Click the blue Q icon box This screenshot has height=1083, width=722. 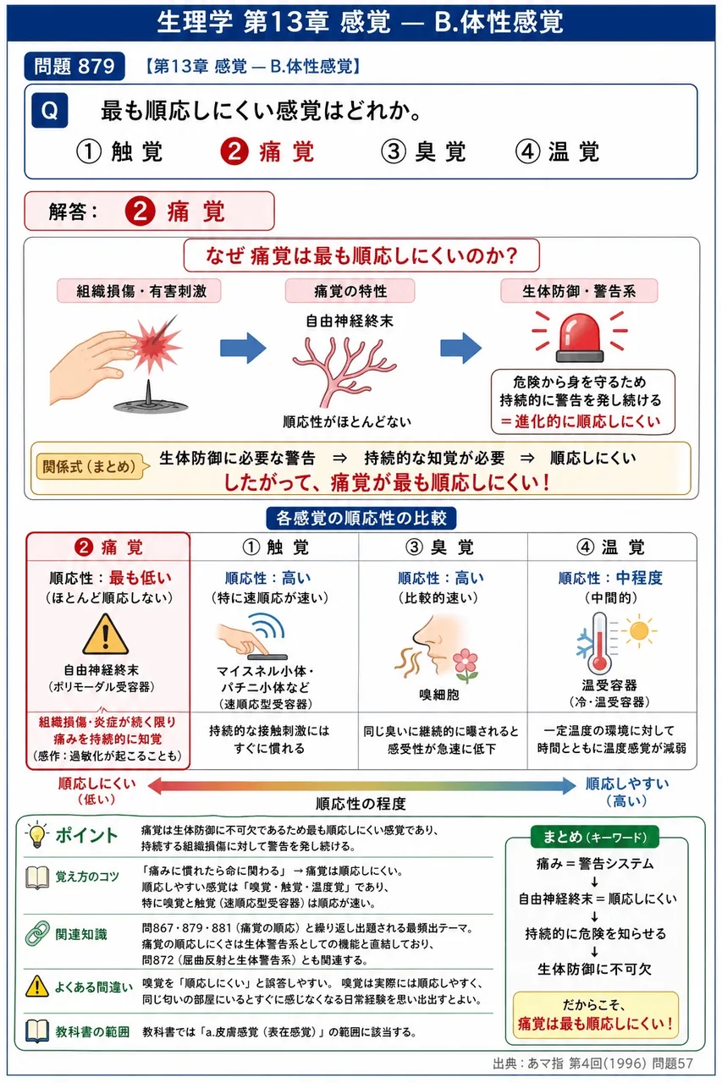coord(49,111)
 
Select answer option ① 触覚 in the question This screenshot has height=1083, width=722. coord(120,151)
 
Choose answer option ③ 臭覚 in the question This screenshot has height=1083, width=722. coord(423,151)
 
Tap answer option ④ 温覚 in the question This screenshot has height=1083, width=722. coord(558,151)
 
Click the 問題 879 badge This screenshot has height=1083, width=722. coord(74,66)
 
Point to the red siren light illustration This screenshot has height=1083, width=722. coord(579,337)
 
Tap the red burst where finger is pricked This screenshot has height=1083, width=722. coord(155,344)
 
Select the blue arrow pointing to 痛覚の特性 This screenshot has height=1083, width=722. coord(243,348)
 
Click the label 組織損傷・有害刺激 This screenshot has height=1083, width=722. coord(140,291)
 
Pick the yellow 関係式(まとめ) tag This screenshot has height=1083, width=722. coord(90,466)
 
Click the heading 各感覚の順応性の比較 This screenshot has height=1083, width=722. coord(361,519)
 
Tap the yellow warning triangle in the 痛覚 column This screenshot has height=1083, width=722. coord(106,635)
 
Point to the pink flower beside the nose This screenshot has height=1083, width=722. coord(466,664)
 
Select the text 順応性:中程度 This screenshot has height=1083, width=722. coord(610,578)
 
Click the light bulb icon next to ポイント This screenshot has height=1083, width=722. coord(37,835)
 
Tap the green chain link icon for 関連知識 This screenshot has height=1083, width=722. coord(37,933)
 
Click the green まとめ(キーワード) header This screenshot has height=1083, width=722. coord(595,837)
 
